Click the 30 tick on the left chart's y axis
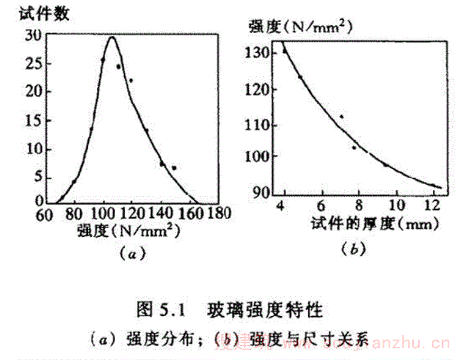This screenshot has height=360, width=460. pos(33,35)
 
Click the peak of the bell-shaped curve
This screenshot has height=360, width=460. pos(112,37)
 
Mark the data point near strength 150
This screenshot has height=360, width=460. pos(174,168)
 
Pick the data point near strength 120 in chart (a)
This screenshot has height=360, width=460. pos(131,80)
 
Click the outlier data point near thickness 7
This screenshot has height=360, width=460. pos(341,116)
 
